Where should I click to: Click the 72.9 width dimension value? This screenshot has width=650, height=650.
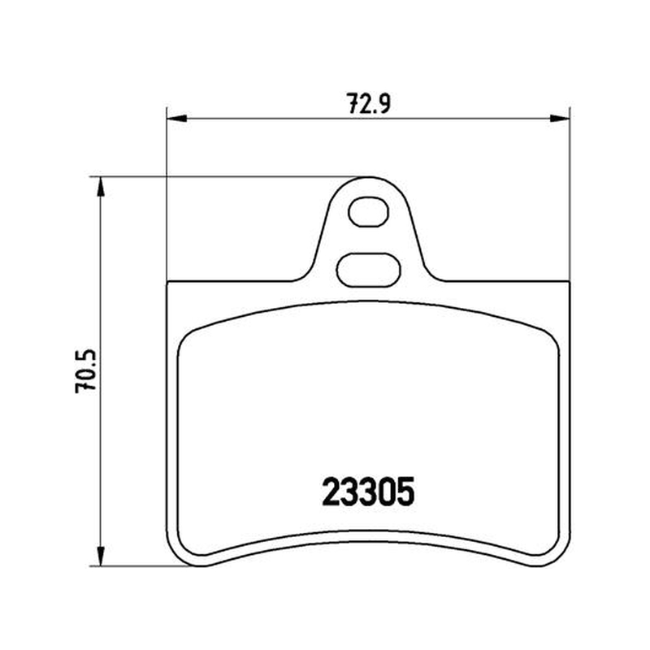pyautogui.click(x=369, y=104)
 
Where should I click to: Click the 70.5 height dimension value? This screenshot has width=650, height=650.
pyautogui.click(x=86, y=371)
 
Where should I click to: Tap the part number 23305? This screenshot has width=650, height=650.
pyautogui.click(x=368, y=492)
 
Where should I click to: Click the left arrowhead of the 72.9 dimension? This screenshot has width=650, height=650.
pyautogui.click(x=177, y=119)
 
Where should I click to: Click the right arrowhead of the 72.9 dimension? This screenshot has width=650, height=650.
pyautogui.click(x=560, y=119)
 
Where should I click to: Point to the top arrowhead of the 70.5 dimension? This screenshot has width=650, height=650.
pyautogui.click(x=100, y=188)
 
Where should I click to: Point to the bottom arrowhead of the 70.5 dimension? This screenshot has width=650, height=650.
pyautogui.click(x=100, y=555)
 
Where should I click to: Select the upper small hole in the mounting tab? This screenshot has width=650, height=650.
pyautogui.click(x=368, y=212)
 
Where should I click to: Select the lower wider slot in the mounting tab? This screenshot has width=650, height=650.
pyautogui.click(x=368, y=271)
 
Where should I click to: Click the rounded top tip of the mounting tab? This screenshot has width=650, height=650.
pyautogui.click(x=368, y=177)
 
